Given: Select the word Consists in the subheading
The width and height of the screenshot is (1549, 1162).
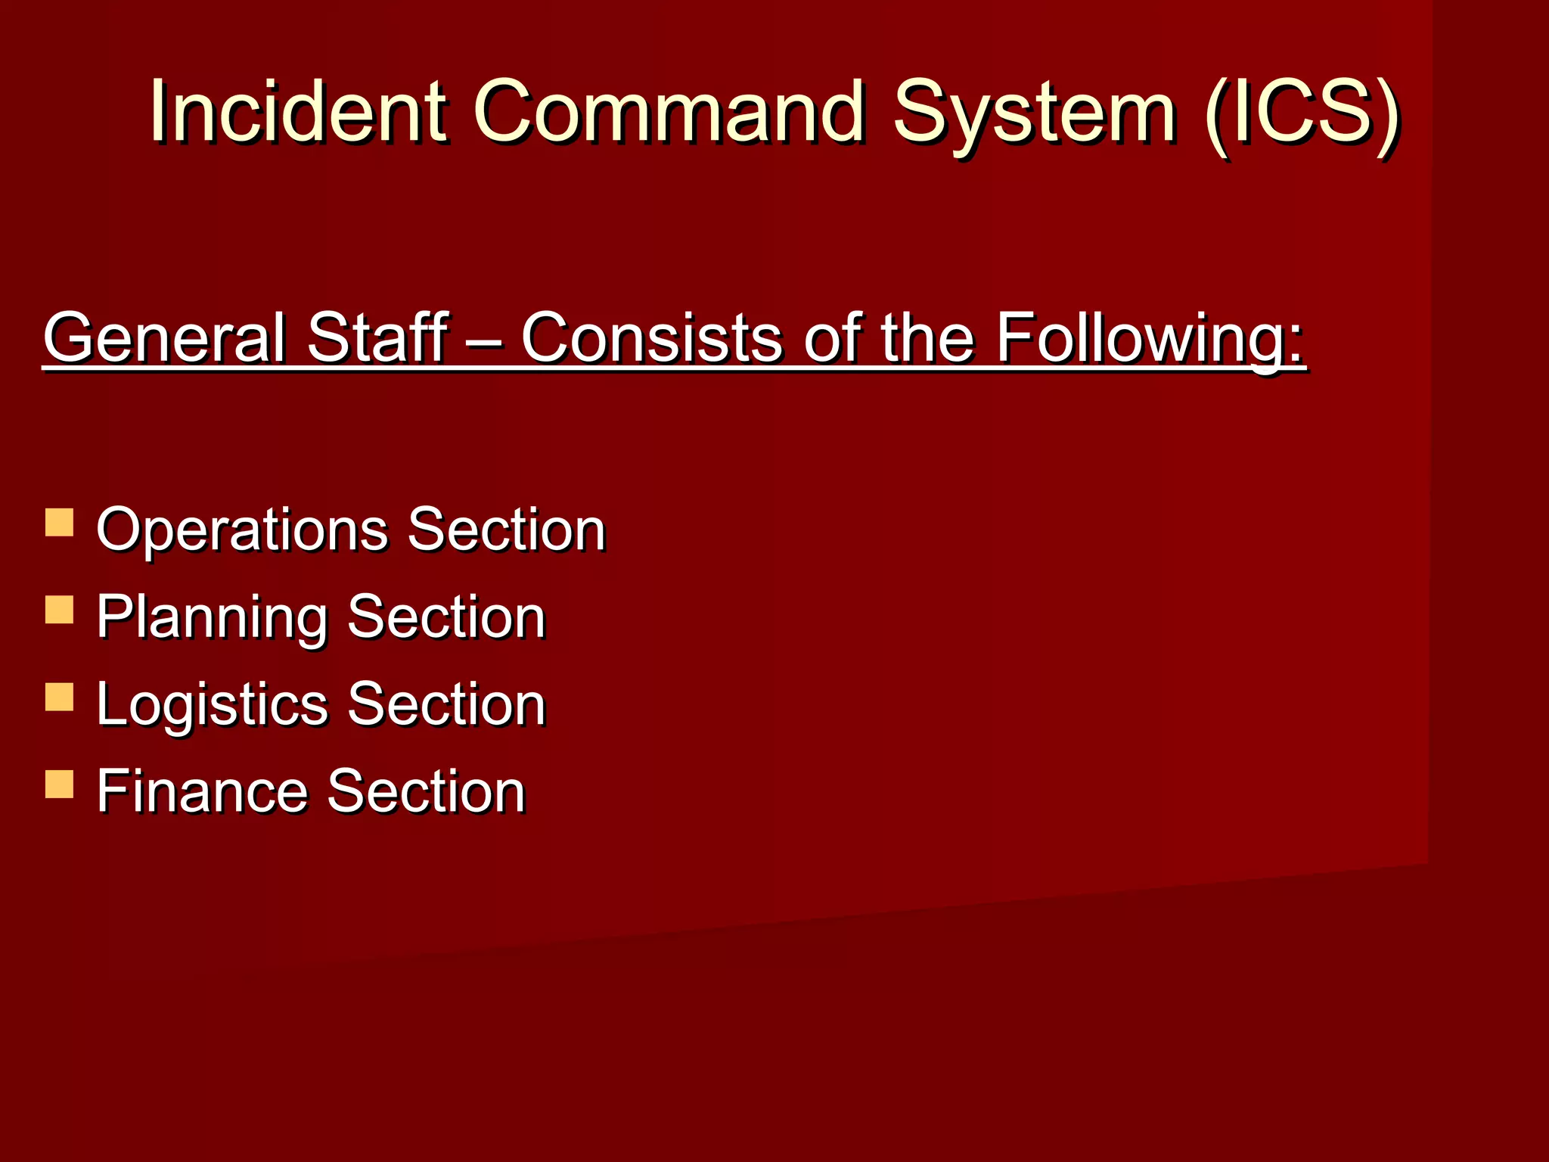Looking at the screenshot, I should click(651, 337).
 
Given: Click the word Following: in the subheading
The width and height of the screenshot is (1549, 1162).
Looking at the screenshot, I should click(1150, 339).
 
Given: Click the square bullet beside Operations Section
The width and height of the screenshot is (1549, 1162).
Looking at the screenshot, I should click(59, 523).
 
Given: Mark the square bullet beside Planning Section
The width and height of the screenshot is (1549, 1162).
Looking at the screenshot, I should click(59, 610).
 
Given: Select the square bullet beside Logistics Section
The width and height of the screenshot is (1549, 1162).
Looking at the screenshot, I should click(59, 698).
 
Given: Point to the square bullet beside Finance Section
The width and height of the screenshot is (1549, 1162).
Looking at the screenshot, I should click(59, 785).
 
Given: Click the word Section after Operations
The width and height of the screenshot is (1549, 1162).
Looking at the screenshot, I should click(507, 530).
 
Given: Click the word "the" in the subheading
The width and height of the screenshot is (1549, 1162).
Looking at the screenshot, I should click(927, 337).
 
